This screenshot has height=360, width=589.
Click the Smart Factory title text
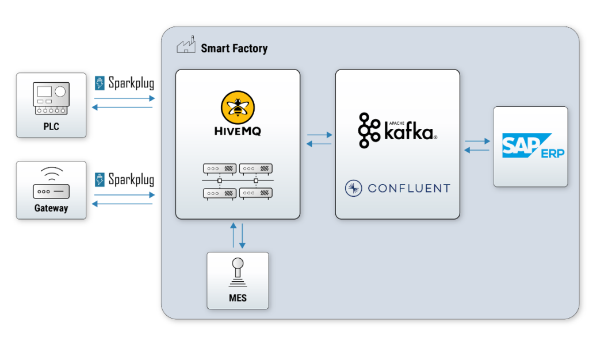pyautogui.click(x=234, y=48)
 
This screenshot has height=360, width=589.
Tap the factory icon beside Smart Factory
pyautogui.click(x=186, y=46)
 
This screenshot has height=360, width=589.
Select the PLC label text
pyautogui.click(x=51, y=126)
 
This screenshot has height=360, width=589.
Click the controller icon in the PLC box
pyautogui.click(x=51, y=98)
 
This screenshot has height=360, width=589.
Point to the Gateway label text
pyautogui.click(x=51, y=208)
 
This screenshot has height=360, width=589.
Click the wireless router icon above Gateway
pyautogui.click(x=51, y=183)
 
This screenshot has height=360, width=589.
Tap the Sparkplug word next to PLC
pyautogui.click(x=131, y=83)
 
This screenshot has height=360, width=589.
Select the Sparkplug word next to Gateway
pyautogui.click(x=131, y=179)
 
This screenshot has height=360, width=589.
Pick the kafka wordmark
pyautogui.click(x=410, y=133)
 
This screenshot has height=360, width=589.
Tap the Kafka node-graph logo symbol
pyautogui.click(x=368, y=131)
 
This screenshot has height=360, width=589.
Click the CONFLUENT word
pyautogui.click(x=408, y=188)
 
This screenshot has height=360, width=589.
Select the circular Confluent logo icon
pyautogui.click(x=353, y=187)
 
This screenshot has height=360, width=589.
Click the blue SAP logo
pyautogui.click(x=521, y=145)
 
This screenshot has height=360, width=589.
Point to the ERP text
pyautogui.click(x=552, y=153)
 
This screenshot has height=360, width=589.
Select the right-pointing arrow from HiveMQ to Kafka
pyautogui.click(x=320, y=135)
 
